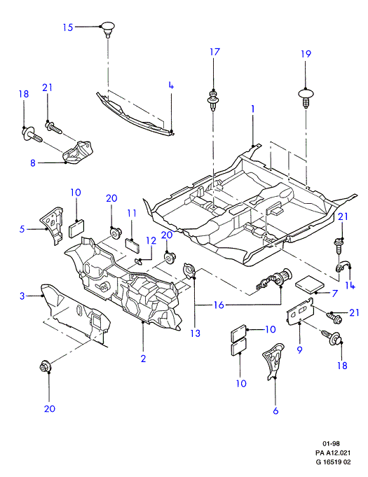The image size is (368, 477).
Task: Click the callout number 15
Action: coord(68,27)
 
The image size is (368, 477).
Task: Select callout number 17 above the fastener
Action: coord(214,52)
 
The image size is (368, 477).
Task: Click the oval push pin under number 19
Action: coord(306,97)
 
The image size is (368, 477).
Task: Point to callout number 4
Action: coord(171,85)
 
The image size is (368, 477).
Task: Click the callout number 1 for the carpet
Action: coord(252,109)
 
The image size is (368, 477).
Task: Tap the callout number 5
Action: coord(22,229)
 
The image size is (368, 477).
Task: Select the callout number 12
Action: coord(151,241)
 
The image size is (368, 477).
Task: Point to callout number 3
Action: coord(22,296)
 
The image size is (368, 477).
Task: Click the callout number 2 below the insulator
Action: coord(143,359)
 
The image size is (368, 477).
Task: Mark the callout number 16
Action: coord(219,305)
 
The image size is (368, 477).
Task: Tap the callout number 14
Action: coord(350,285)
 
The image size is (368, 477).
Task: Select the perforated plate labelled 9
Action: coord(301,312)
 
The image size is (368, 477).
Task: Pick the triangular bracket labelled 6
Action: coord(273,361)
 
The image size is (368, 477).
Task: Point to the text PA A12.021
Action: coord(333,453)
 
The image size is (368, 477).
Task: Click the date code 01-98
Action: coord(331,443)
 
